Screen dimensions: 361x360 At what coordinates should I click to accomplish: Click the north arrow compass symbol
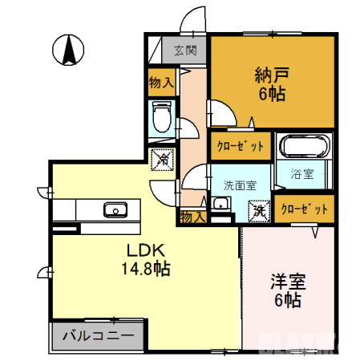(x=69, y=51)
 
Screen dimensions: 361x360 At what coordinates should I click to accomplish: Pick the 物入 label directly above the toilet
(x=161, y=82)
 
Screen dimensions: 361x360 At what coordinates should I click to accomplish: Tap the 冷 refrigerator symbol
(x=161, y=161)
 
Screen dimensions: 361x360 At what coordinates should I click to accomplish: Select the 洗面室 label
(x=240, y=184)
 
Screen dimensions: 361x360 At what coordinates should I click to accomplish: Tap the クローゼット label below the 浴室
(x=304, y=209)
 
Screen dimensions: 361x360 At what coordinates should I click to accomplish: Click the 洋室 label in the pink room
(x=288, y=282)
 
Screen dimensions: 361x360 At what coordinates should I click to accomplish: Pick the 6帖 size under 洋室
(x=288, y=302)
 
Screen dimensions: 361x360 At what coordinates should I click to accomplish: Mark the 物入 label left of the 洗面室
(x=193, y=217)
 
